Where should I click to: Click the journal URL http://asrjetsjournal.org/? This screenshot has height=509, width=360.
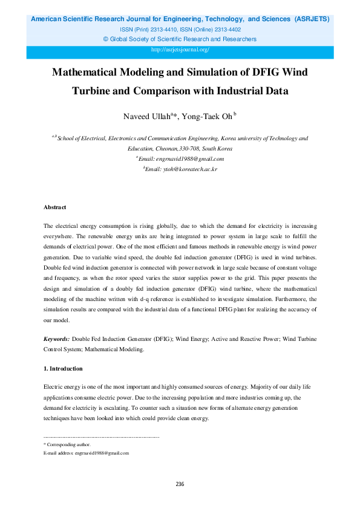point(180,50)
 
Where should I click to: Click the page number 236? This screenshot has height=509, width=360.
point(180,484)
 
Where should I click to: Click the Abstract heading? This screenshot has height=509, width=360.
point(54,207)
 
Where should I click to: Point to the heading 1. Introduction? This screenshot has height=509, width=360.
point(63,368)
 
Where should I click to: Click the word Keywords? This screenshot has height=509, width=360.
point(56,340)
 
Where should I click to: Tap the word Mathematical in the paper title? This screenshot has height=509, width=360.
point(92,73)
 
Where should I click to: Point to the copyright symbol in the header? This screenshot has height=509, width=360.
point(106,39)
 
